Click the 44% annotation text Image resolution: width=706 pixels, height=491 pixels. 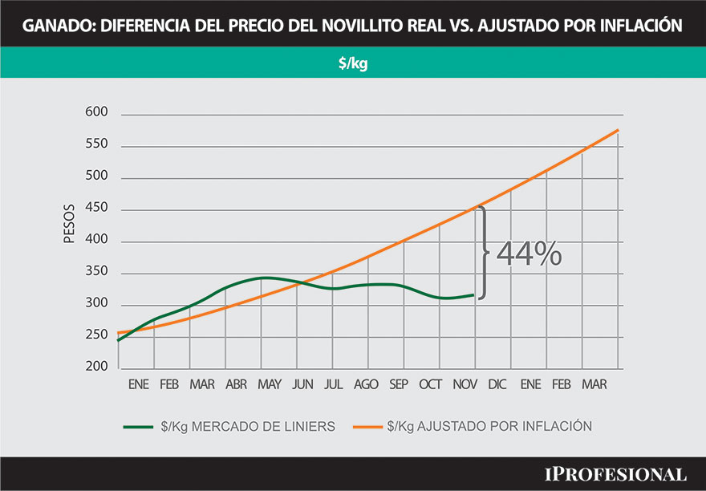[529, 254]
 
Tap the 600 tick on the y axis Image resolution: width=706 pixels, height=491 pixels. [96, 115]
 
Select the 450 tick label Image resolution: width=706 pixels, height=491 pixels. [96, 209]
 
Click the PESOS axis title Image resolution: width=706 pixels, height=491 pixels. [69, 227]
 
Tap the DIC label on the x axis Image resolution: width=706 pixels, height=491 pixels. [497, 385]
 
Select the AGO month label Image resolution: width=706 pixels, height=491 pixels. [366, 385]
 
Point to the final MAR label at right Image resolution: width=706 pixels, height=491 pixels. [594, 385]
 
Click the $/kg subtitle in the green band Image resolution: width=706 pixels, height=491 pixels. [353, 63]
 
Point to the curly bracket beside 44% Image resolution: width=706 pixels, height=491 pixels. [484, 253]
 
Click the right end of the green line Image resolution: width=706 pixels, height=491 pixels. [475, 294]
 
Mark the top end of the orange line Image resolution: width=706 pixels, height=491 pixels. [618, 130]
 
